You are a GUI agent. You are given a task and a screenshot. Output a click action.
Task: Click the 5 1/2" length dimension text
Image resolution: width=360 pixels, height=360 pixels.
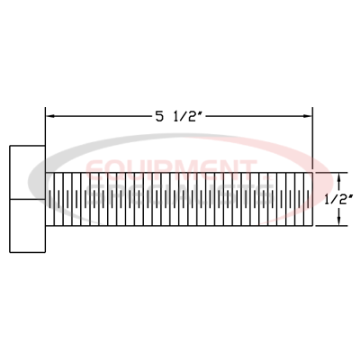pyautogui.click(x=179, y=115)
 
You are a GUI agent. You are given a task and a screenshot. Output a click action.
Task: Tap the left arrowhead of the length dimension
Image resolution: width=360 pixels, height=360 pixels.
pyautogui.click(x=50, y=115)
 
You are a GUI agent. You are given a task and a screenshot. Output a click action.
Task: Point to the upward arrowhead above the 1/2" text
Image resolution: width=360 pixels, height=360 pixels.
pyautogui.click(x=338, y=176)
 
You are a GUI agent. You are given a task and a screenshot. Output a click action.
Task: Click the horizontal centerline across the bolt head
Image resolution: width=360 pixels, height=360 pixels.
pyautogui.click(x=27, y=199)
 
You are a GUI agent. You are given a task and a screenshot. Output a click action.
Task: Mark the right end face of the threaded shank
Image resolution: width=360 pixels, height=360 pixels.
pyautogui.click(x=311, y=199)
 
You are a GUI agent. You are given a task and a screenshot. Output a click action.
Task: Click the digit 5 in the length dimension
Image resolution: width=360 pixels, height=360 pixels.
pyautogui.click(x=158, y=115)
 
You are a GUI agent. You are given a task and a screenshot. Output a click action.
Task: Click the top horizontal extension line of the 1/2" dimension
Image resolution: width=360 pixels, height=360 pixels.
pyautogui.click(x=328, y=173)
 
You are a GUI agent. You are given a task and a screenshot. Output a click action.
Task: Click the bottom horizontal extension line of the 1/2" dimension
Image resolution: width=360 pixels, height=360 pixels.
pyautogui.click(x=328, y=225)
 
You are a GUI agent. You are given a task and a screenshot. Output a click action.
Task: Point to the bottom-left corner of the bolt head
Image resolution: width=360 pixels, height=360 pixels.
pyautogui.click(x=10, y=253)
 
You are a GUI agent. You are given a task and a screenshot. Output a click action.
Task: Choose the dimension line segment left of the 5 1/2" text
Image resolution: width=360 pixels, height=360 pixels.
pyautogui.click(x=99, y=115)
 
